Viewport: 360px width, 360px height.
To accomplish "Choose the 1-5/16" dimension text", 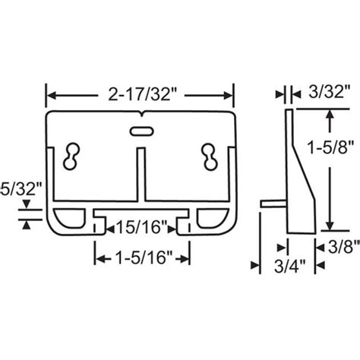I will point(141,258).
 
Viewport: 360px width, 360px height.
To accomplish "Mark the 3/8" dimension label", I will point(339,245).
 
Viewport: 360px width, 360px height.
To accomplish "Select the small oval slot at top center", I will point(141,131).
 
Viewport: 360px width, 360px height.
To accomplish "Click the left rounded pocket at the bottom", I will point(73,219).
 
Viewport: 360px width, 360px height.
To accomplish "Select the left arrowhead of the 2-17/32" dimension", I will point(52,96).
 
